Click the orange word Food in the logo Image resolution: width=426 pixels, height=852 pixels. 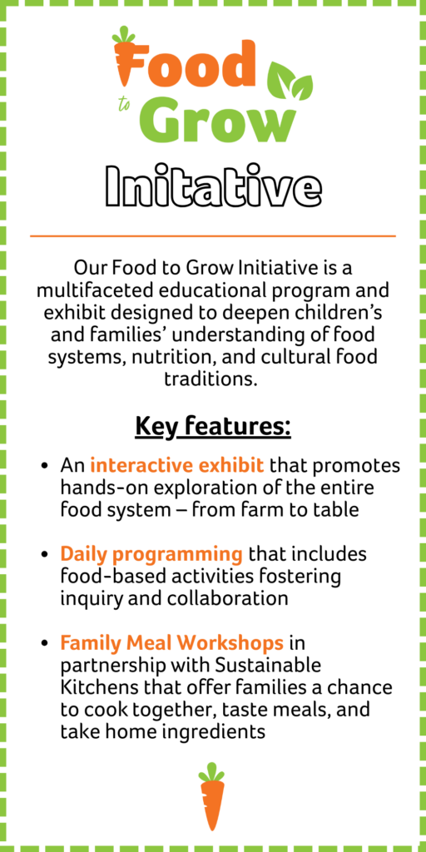click(x=185, y=62)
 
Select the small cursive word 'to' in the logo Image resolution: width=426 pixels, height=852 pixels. click(x=125, y=104)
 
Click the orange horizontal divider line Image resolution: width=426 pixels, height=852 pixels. click(x=213, y=236)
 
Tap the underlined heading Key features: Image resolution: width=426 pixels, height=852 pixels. click(x=213, y=427)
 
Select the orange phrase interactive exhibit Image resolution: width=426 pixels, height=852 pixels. click(x=177, y=466)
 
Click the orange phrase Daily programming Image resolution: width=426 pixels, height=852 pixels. click(x=151, y=555)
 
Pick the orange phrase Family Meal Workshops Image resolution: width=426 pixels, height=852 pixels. click(x=172, y=643)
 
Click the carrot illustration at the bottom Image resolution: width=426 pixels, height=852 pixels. click(x=211, y=796)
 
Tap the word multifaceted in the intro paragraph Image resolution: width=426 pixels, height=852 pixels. click(x=92, y=290)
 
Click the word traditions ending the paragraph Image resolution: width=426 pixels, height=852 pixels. click(x=211, y=379)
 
